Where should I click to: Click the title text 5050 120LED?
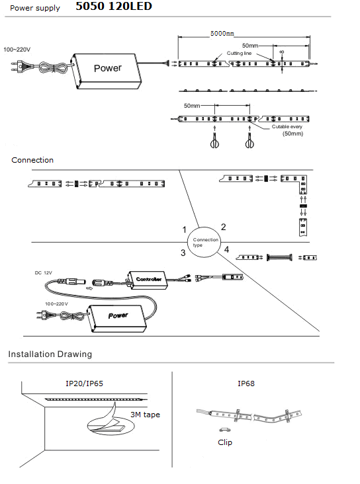(x=114, y=6)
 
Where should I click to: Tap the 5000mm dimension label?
(x=222, y=33)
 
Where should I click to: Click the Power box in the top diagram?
(x=107, y=71)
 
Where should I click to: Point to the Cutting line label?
(x=239, y=53)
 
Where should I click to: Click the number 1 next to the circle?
(x=185, y=229)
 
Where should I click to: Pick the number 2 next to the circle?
(x=224, y=227)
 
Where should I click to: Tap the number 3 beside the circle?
(x=183, y=253)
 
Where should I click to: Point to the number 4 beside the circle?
(x=226, y=249)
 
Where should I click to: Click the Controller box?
(x=148, y=280)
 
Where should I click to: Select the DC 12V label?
(x=43, y=273)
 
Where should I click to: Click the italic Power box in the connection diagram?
(x=117, y=318)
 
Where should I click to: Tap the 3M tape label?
(x=145, y=415)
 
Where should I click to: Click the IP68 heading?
(x=246, y=383)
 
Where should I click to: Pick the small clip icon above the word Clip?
(x=224, y=430)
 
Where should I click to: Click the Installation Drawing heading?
(x=50, y=354)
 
